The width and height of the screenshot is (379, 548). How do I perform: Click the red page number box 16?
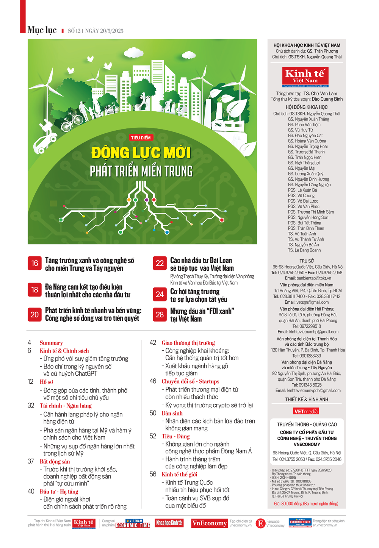34,264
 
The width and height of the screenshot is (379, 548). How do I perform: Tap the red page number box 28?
160,315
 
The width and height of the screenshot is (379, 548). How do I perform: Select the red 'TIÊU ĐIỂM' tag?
141,138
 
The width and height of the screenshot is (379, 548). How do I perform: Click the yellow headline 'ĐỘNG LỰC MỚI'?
141,153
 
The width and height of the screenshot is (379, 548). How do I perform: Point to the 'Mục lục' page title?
42,30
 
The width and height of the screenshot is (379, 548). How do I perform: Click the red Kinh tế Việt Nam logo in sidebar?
305,77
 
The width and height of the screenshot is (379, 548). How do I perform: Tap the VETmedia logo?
306,411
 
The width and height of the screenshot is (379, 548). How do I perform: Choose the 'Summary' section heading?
51,343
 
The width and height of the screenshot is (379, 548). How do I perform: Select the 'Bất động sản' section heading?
55,461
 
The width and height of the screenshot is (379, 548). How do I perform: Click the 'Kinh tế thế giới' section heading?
179,474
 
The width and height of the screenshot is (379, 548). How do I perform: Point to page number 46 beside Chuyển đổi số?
153,381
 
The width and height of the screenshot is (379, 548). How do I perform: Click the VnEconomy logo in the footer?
209,523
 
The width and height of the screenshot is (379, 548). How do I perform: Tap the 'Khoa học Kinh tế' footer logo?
169,523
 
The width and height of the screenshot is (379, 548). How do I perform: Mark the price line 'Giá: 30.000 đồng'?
306,504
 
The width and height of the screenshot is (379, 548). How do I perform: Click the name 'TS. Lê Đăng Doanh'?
304,250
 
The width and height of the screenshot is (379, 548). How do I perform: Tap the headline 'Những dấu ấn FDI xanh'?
202,315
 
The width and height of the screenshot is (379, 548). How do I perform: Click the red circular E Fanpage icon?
260,523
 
